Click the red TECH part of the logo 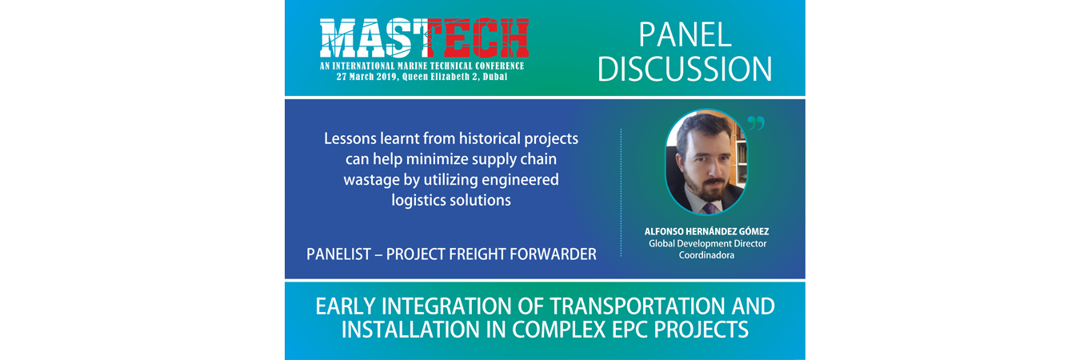[x=478, y=38]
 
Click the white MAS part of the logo [x=374, y=38]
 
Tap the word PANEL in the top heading [x=685, y=35]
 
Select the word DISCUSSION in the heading [x=685, y=69]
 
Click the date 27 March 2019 [x=367, y=77]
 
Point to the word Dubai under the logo [x=496, y=77]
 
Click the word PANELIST [x=338, y=254]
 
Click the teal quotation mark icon [x=756, y=123]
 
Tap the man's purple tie [x=709, y=209]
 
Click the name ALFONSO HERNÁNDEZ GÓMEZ [x=706, y=231]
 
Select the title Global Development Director [x=707, y=243]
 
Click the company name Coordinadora [x=706, y=255]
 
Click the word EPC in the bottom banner [x=630, y=330]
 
